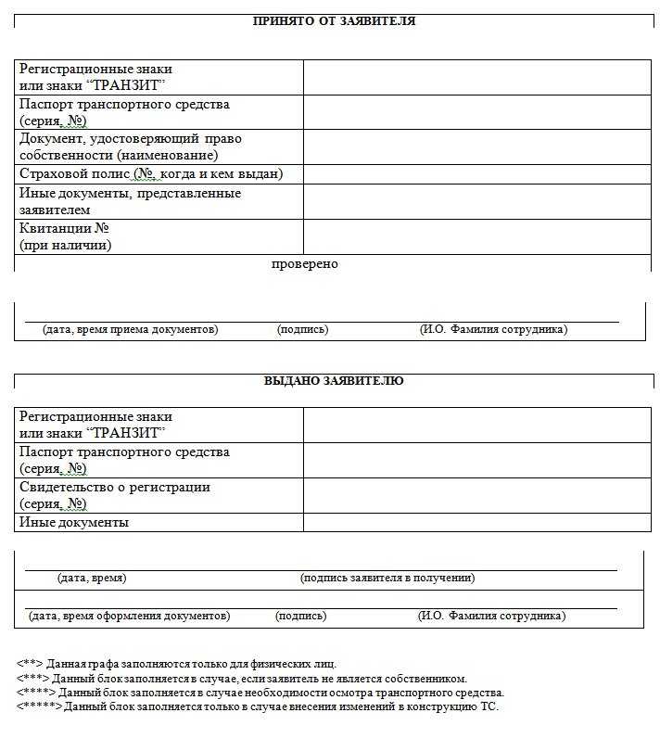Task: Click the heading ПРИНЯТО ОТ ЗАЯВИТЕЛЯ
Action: [334, 20]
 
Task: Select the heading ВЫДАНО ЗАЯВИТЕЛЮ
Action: [334, 380]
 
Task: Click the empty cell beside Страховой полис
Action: [476, 173]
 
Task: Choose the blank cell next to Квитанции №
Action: [476, 236]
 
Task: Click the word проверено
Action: [305, 264]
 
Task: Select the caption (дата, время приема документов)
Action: [131, 329]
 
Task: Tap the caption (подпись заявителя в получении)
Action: [387, 578]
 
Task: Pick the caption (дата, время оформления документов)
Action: [130, 616]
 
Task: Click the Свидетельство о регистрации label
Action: [115, 487]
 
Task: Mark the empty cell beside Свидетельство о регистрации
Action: [476, 495]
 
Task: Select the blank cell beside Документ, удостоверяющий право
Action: [476, 146]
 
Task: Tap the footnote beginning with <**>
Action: [176, 664]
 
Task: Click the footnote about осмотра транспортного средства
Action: [260, 693]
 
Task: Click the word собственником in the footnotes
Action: [431, 679]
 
